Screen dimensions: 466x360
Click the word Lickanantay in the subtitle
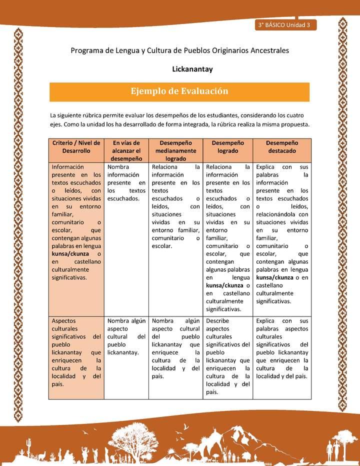192,69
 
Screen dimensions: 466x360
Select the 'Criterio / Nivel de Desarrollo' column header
76,146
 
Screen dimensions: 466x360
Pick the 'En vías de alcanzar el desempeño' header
126,150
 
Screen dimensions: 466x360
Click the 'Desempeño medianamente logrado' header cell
176,150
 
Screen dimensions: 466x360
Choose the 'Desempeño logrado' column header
227,146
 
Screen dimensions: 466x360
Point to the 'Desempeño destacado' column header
281,146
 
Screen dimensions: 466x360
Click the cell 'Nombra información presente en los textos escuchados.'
126,182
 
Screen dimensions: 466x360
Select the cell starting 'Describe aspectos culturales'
227,356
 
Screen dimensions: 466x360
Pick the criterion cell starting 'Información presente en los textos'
76,222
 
